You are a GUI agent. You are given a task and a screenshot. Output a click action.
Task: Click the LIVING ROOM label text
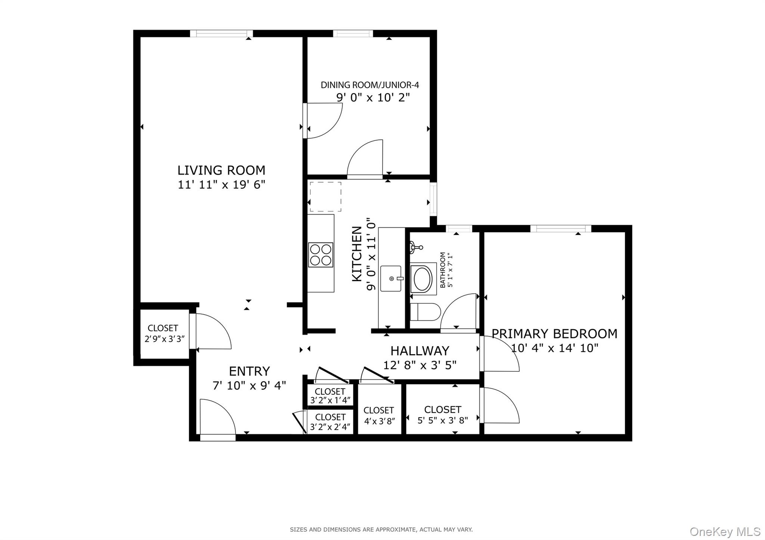click(x=221, y=171)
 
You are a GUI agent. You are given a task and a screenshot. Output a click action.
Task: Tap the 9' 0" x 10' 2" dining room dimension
click(x=373, y=98)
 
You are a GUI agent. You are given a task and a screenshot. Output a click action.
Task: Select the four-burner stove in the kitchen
click(x=320, y=255)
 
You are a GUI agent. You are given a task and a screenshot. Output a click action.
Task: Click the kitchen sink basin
click(x=391, y=278)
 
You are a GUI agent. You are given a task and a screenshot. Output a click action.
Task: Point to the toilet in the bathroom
click(x=425, y=312)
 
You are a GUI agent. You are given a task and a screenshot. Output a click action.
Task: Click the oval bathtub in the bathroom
click(x=423, y=279)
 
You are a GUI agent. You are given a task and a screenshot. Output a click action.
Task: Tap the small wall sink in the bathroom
click(x=415, y=247)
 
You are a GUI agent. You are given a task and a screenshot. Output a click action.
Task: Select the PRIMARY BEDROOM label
click(x=554, y=334)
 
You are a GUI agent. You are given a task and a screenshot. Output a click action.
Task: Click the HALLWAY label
click(x=419, y=351)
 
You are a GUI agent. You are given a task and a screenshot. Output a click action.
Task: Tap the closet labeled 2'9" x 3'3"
click(x=163, y=333)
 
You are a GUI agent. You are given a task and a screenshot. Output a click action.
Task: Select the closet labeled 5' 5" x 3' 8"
click(x=443, y=414)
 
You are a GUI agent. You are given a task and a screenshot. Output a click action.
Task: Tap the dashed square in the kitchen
click(x=325, y=197)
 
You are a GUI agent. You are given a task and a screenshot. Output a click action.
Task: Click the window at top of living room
click(x=221, y=34)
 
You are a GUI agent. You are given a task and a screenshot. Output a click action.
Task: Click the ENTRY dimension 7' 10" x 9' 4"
click(x=249, y=386)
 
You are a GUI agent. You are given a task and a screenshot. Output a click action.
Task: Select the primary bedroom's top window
click(x=560, y=228)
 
